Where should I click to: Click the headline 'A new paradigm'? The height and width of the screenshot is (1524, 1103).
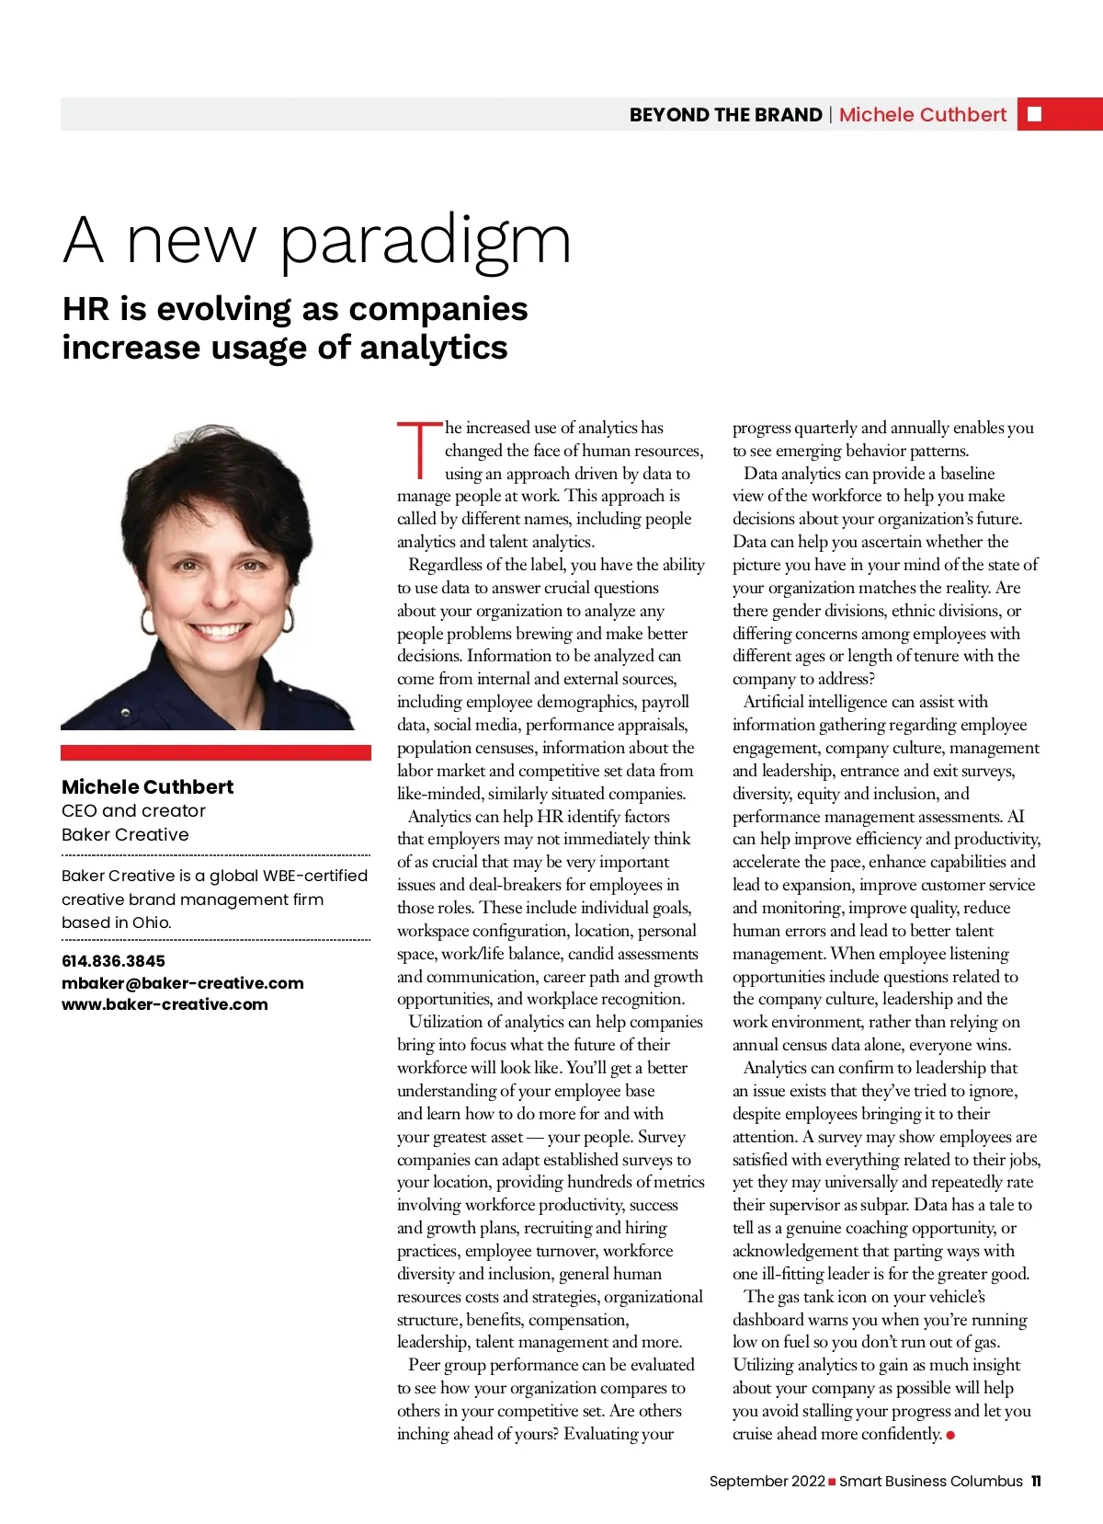317,241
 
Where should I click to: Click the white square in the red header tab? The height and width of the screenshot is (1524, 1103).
1034,114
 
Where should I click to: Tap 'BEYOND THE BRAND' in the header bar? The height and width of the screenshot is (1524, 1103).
725,115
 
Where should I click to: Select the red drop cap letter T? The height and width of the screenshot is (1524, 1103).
419,451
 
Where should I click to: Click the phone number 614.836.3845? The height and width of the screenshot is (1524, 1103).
113,961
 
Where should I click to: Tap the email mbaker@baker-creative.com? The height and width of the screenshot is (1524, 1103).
182,983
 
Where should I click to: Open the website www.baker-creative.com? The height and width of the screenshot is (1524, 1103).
165,1004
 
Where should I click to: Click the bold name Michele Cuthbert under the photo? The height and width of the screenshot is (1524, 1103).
147,787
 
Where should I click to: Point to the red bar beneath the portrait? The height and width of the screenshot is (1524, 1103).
215,752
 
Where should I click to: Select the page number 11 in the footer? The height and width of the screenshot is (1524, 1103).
1036,1482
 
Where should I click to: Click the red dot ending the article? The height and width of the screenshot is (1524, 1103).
950,1435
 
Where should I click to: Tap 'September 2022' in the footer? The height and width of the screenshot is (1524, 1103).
767,1482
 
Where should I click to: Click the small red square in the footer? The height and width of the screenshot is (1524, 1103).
832,1482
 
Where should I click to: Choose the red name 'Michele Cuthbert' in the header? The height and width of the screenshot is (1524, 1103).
922,115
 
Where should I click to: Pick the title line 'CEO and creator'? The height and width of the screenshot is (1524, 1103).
133,811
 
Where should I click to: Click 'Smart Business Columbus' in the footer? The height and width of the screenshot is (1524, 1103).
930,1482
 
